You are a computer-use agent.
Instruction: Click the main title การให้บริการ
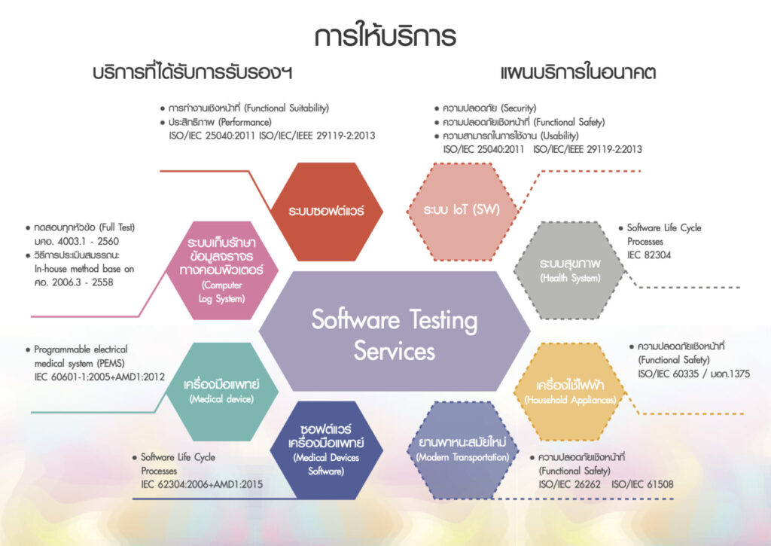pos(385,35)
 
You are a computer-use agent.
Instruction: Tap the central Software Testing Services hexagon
pos(395,331)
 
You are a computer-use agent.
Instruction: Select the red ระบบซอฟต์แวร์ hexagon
pos(327,212)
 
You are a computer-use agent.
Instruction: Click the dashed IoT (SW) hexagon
pos(462,212)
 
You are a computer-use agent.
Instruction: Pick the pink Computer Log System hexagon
pos(222,270)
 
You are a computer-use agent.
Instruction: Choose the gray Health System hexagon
pos(570,270)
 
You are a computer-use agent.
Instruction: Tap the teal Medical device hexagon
pos(222,392)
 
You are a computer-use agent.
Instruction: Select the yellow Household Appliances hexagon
pos(570,392)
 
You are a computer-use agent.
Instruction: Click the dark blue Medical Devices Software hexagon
pos(327,450)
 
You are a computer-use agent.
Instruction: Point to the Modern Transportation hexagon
pos(462,450)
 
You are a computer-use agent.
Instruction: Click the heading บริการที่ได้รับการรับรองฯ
pos(193,73)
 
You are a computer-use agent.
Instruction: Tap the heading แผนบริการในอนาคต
pos(578,73)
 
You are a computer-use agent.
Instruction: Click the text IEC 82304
pos(649,255)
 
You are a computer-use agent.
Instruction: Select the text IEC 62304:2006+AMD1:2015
pos(202,484)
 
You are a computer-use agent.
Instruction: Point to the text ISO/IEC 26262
pos(569,484)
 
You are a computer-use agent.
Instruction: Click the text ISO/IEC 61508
pos(643,484)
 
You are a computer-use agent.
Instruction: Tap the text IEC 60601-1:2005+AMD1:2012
pos(99,377)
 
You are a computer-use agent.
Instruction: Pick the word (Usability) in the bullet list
pos(559,136)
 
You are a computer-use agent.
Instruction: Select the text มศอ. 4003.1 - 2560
pos(77,242)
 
